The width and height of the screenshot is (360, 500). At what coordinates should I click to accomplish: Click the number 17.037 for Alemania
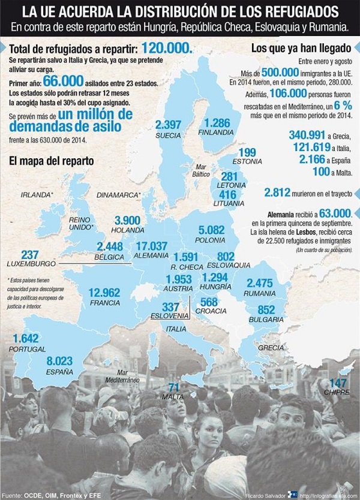point(151,246)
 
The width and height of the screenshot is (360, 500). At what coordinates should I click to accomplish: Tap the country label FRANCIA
point(106,303)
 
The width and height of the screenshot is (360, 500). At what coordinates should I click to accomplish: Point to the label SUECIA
point(167,135)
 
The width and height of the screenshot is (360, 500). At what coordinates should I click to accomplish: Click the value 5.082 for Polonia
point(211,229)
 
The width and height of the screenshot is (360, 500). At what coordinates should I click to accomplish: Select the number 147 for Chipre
point(339,382)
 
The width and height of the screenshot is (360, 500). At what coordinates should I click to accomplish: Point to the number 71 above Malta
point(174,387)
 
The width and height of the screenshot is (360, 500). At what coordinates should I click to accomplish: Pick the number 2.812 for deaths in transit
point(278,192)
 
